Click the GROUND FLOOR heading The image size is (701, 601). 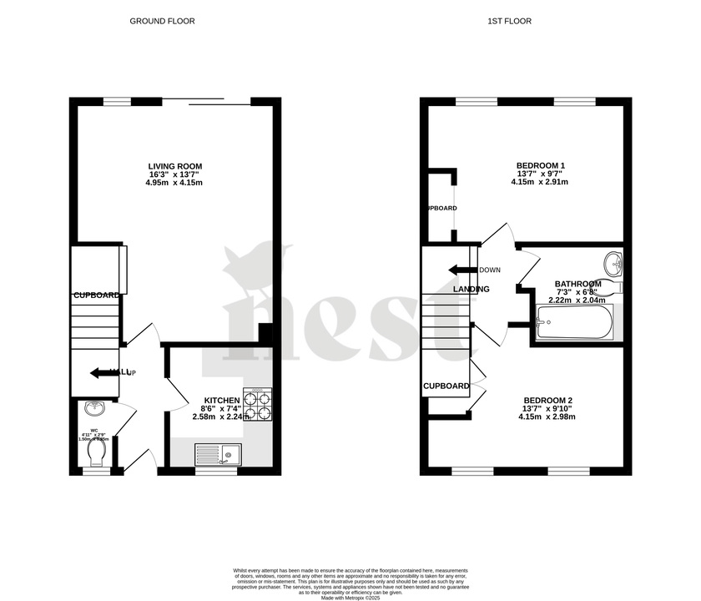(x=162, y=21)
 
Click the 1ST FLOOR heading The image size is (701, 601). (x=510, y=21)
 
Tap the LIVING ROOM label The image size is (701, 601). (x=174, y=166)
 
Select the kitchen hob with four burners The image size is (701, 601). (x=258, y=404)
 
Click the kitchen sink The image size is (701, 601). (x=217, y=454)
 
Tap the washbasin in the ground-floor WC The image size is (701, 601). (x=94, y=408)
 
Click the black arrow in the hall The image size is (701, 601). (x=103, y=372)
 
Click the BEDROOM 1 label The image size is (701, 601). (x=532, y=166)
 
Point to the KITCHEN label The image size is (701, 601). (x=221, y=400)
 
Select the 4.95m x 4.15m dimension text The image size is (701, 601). (x=174, y=183)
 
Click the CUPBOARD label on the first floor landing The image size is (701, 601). (x=446, y=386)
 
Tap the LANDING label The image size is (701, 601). (x=471, y=289)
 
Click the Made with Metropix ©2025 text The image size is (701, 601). (x=351, y=593)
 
